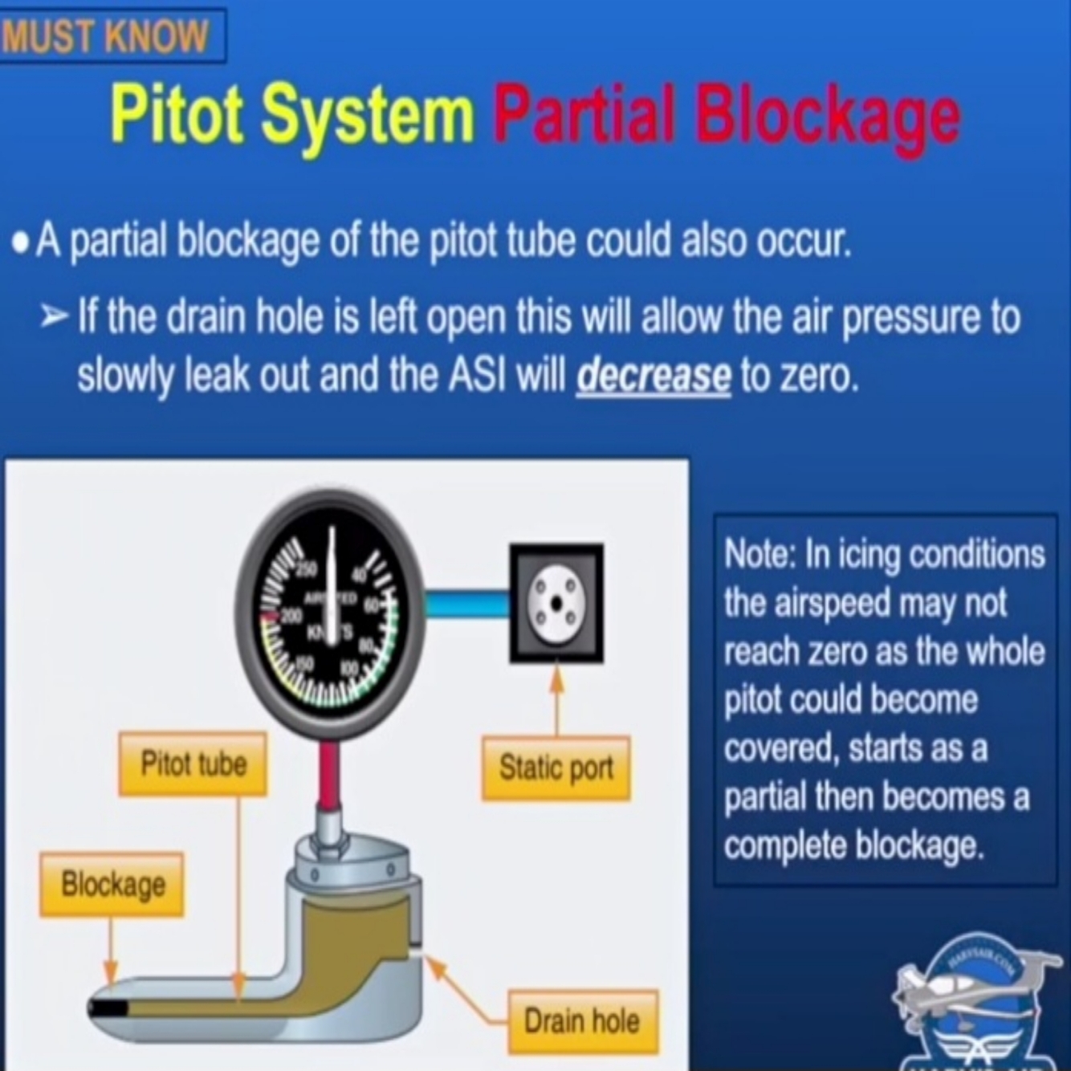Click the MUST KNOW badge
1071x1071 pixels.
(108, 35)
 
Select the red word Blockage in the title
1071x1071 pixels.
(828, 117)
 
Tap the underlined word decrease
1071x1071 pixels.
(653, 376)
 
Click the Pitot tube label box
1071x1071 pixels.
(193, 764)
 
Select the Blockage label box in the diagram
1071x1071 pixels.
(112, 885)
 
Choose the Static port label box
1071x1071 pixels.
(556, 768)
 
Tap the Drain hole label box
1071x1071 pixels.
(582, 1021)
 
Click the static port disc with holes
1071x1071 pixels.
(556, 604)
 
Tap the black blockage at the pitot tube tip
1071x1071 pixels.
(108, 1008)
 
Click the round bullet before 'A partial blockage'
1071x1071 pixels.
(22, 242)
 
